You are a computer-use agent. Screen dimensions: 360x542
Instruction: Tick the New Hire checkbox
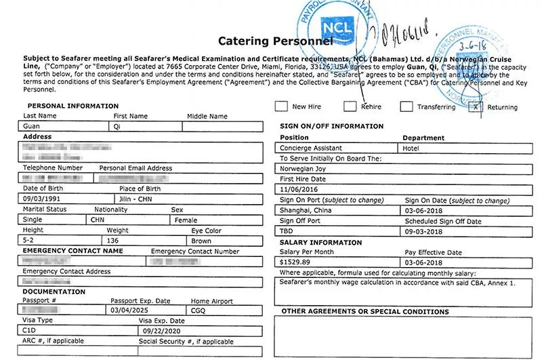280,106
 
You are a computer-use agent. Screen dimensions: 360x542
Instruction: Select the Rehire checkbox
350,106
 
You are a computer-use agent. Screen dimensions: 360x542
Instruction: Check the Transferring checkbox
406,106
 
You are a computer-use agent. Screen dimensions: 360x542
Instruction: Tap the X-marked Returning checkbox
476,106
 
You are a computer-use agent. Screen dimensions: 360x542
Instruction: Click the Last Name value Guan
31,126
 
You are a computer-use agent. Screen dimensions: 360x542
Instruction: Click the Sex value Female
186,220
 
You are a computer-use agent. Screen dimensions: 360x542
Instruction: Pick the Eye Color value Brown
201,241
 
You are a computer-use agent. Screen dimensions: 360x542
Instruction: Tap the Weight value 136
113,241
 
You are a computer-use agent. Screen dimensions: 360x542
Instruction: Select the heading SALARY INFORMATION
320,242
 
